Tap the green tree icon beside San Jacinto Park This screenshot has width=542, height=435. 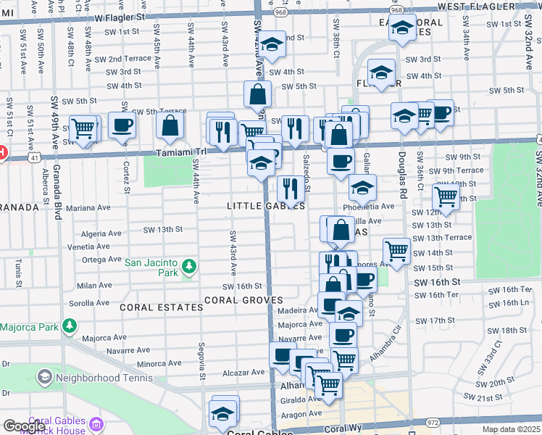pyautogui.click(x=188, y=267)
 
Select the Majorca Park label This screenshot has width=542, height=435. pyautogui.click(x=29, y=327)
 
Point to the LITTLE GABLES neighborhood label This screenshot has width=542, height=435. pyautogui.click(x=265, y=206)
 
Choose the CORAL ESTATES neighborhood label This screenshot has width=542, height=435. pyautogui.click(x=162, y=307)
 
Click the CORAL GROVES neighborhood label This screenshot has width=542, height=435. pyautogui.click(x=242, y=299)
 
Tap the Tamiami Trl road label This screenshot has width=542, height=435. pyautogui.click(x=183, y=153)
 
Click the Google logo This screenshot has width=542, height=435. pyautogui.click(x=25, y=426)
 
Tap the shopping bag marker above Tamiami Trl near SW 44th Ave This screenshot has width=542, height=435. pyautogui.click(x=170, y=125)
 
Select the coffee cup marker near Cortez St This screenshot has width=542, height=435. pyautogui.click(x=122, y=125)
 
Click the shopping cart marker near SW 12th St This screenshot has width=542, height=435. pyautogui.click(x=446, y=196)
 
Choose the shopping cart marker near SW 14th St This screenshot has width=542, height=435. pyautogui.click(x=397, y=251)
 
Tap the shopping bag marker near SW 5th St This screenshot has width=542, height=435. pyautogui.click(x=258, y=94)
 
